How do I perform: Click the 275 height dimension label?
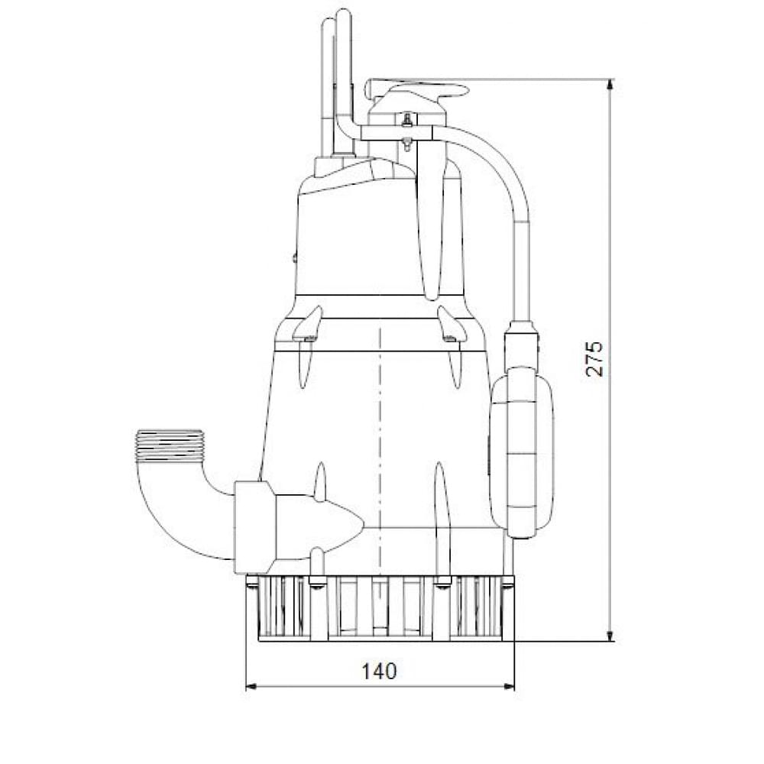coord(595,358)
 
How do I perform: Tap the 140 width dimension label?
coord(380,671)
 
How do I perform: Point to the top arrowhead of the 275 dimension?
coord(610,84)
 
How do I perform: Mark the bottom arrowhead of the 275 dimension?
coord(610,636)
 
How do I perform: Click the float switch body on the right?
coord(522,451)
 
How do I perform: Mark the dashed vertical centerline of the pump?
coord(380,428)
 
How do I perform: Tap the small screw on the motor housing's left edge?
coord(294,259)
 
